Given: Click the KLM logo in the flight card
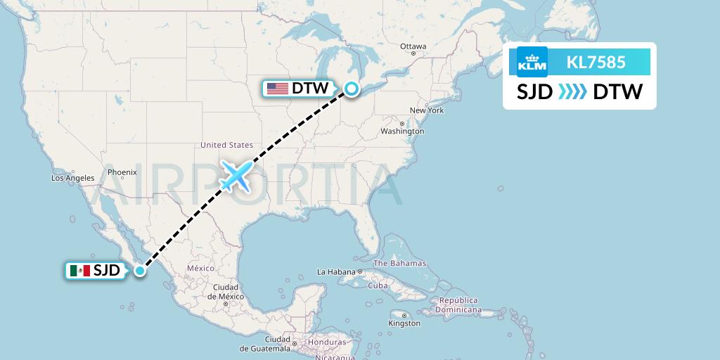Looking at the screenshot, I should coord(532,62).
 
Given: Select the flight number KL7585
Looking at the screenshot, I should coord(596,62).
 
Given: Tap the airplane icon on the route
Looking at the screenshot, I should coord(236,176).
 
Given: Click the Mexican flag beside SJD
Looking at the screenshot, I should coord(80,270).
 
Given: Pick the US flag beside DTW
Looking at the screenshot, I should coord(278,89).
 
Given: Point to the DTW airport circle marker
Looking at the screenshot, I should coord(351,89).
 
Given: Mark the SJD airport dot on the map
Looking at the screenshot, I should coord(141,270).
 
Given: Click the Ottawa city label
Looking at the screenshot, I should coord(413,46).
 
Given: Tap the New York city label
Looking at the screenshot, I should coord(427,110).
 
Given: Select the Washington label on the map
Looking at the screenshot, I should coord(402,131).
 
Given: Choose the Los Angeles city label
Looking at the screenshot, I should coord(72,178).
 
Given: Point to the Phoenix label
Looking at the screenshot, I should coord(122,172).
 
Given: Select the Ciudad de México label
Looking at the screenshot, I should coord(226,292).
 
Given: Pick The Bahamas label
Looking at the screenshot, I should coord(399,263).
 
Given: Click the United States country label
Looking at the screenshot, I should coord(226,146).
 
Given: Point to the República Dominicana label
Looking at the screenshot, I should coord(458,304).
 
